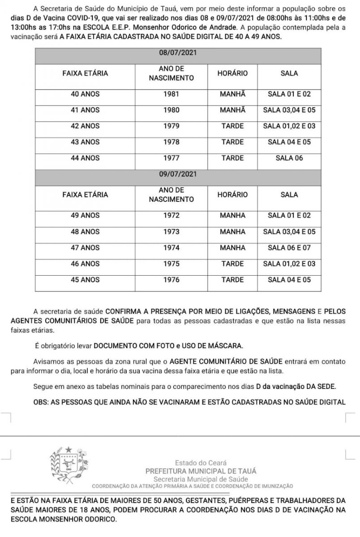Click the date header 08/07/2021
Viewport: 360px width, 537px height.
tap(178, 53)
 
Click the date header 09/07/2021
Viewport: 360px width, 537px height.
tap(178, 174)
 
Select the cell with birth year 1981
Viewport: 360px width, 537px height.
tap(171, 94)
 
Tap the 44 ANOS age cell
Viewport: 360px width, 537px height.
tap(85, 158)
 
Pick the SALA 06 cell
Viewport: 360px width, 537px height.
tap(289, 158)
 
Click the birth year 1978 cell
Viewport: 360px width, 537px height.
tap(171, 142)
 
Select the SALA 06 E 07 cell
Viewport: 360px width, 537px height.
tap(289, 247)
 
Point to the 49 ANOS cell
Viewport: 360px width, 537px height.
tap(85, 215)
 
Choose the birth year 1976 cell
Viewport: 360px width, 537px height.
tap(171, 280)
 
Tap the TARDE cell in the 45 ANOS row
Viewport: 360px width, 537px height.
tap(232, 280)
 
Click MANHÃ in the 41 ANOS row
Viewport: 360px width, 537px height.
tap(232, 110)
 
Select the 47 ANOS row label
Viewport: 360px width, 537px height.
tap(85, 247)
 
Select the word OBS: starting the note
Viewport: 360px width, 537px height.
tap(42, 402)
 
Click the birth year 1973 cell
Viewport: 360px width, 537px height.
tap(171, 232)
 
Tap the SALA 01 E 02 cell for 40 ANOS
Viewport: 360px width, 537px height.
tap(289, 94)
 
